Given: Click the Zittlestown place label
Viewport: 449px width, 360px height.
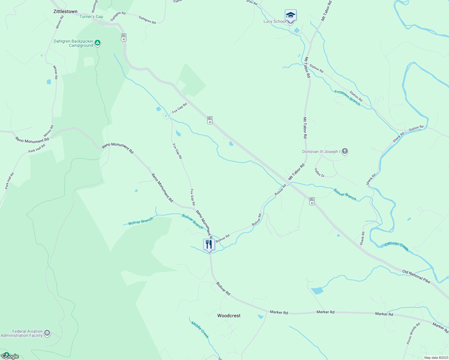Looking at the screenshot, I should (65, 11).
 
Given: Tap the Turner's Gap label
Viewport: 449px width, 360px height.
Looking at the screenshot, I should (91, 16).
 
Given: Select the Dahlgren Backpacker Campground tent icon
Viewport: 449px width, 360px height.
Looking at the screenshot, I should (98, 43).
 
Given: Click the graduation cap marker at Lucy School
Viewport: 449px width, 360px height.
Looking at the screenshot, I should (291, 15).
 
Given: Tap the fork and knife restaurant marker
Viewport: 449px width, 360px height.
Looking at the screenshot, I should (209, 244).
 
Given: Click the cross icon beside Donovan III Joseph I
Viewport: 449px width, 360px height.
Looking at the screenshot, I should (345, 151).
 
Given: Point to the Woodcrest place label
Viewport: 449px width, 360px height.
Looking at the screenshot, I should (229, 316).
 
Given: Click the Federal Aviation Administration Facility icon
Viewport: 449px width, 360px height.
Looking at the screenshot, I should (47, 333).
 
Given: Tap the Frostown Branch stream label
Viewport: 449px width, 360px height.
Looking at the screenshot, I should (347, 97).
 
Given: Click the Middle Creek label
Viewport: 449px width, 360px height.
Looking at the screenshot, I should (200, 329).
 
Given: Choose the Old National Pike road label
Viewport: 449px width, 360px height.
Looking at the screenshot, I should (416, 276).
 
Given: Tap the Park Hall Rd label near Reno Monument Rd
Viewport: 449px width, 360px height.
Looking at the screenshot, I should (37, 148).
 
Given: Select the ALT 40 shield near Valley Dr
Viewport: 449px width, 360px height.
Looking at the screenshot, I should (312, 201).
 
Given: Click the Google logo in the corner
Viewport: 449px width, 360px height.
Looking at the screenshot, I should (10, 356).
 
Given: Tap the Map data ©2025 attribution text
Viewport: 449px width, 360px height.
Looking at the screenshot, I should (436, 358).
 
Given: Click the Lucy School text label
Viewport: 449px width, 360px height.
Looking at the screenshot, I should (274, 21).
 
